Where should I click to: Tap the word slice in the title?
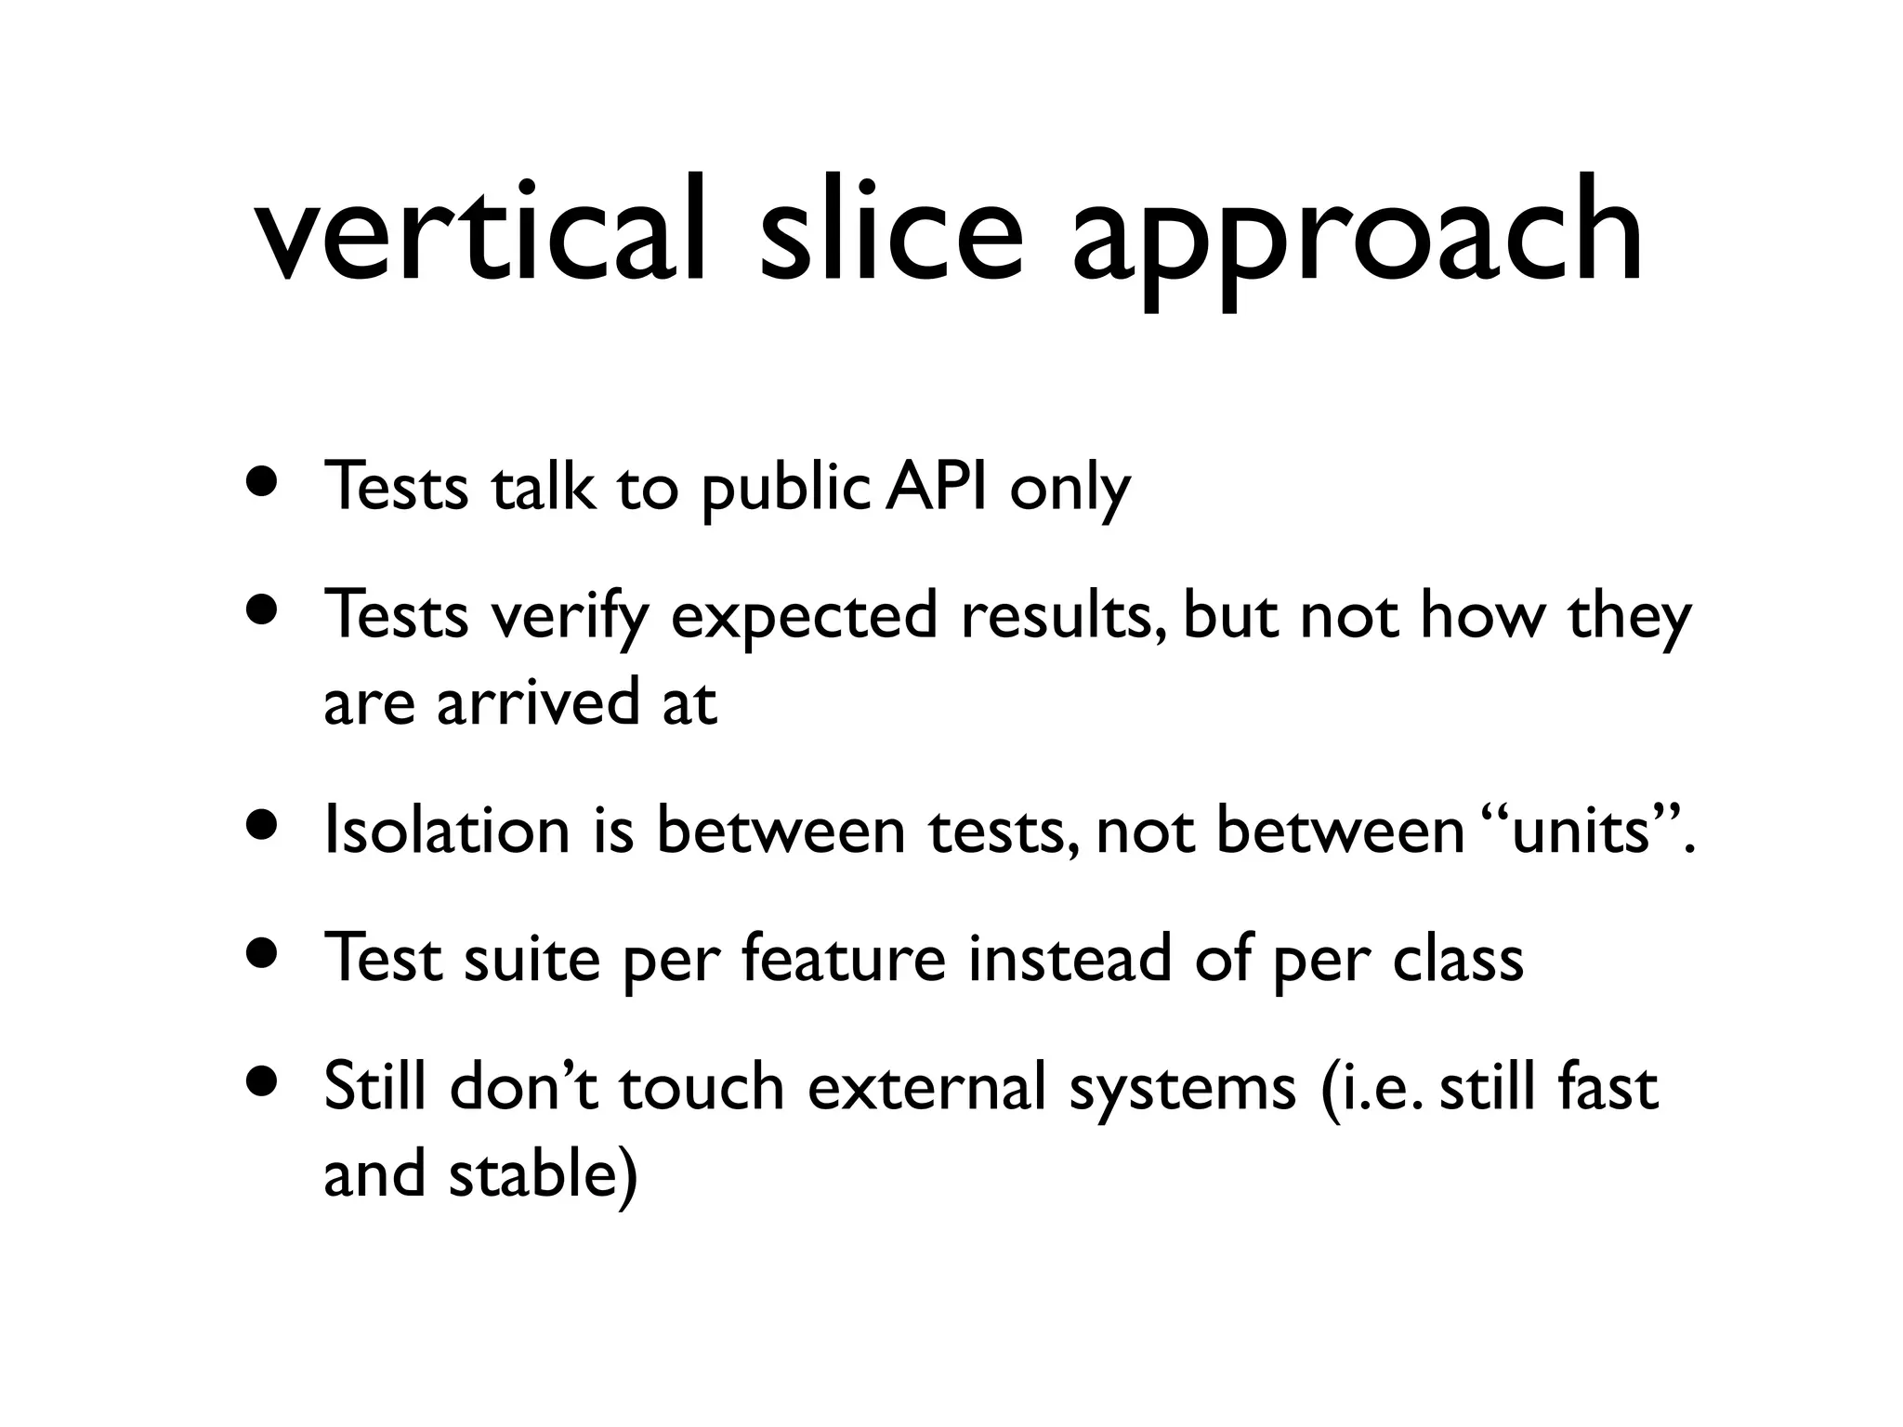[x=890, y=229]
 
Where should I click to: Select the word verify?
[x=570, y=617]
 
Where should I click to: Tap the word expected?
[x=804, y=619]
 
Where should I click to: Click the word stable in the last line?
[x=532, y=1172]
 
